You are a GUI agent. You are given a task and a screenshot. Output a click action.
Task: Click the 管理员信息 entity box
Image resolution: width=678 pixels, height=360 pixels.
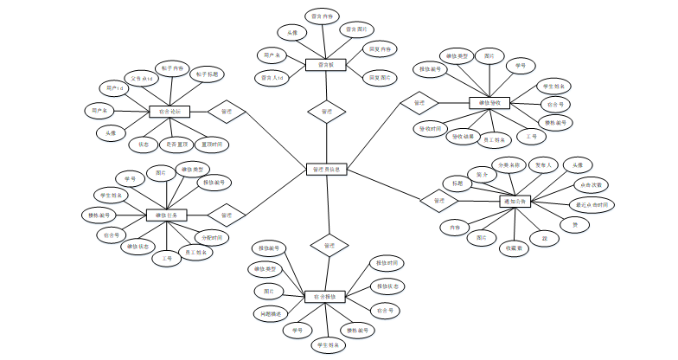point(327,170)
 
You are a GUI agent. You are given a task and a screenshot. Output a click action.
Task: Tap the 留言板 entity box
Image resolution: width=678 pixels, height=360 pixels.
point(326,65)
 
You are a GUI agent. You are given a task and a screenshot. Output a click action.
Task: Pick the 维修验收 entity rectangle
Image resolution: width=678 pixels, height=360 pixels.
point(490,103)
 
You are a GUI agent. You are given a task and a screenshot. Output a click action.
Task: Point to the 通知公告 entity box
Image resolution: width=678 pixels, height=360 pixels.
point(516,202)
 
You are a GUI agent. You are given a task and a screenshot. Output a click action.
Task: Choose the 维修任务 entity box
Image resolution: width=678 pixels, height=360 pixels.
point(167,214)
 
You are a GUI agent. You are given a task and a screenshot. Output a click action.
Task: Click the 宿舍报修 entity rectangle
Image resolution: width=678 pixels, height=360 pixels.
point(326,297)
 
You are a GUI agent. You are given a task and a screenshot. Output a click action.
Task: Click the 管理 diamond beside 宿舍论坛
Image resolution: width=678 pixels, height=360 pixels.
point(227,111)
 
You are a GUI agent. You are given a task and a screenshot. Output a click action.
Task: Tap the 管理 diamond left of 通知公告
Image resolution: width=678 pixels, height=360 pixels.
point(438,201)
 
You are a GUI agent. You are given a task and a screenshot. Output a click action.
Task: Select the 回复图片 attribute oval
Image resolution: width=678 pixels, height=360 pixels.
point(381,78)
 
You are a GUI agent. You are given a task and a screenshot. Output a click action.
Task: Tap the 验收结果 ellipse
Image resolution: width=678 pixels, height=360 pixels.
point(462,136)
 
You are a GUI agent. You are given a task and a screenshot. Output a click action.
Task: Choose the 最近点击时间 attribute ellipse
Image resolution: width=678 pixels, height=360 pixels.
point(593,205)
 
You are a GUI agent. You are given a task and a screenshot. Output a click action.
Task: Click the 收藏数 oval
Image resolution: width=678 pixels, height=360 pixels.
point(515,246)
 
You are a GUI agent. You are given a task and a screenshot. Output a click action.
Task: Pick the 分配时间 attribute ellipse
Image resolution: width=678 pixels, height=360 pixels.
point(212,237)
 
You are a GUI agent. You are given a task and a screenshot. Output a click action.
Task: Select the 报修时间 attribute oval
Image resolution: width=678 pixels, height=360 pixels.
point(386,262)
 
